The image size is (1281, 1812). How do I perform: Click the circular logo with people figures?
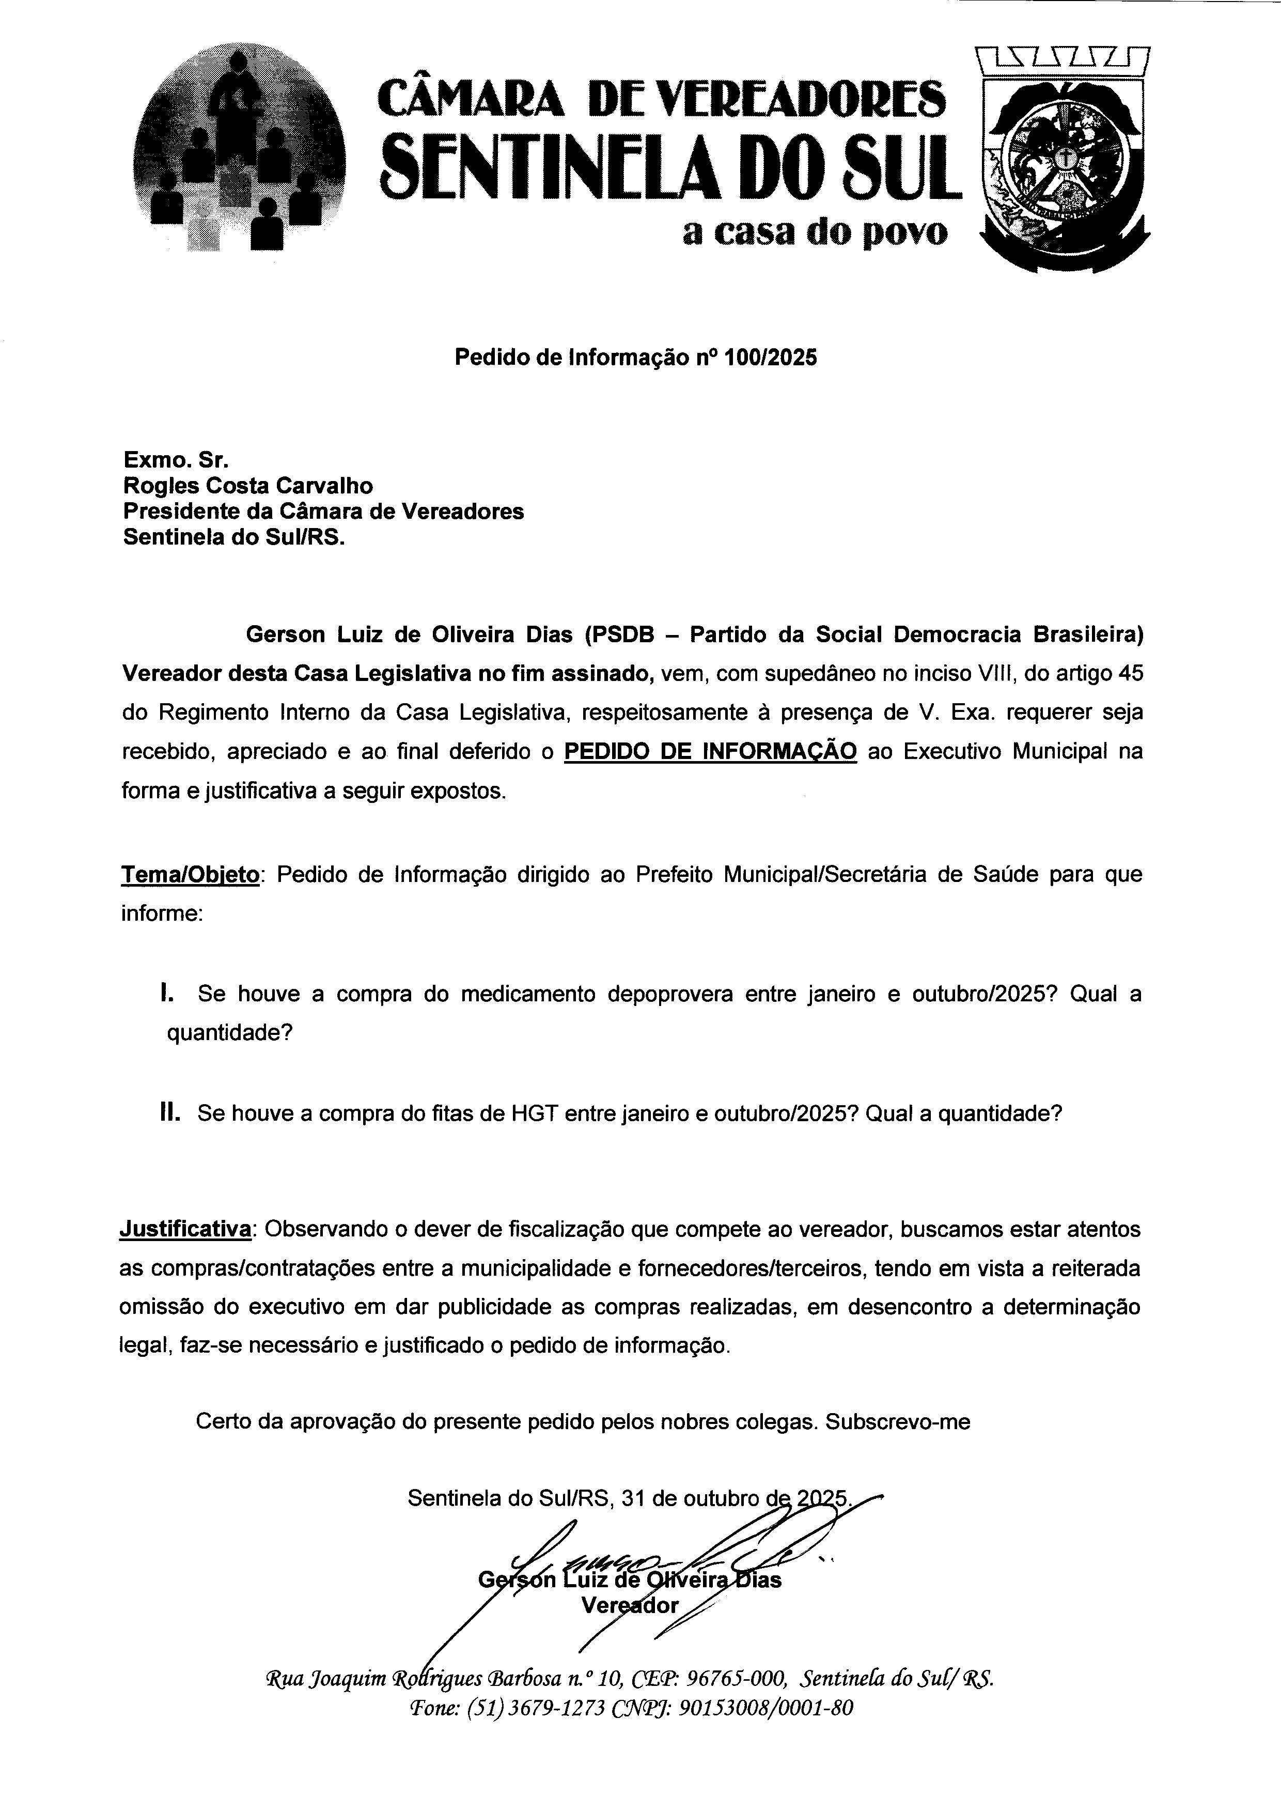[239, 148]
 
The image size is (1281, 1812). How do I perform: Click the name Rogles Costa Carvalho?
[248, 485]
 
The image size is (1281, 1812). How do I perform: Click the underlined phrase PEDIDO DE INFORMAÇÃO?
[711, 751]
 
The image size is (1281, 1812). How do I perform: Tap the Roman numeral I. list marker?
[166, 993]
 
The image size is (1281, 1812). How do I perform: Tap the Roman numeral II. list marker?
[169, 1113]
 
